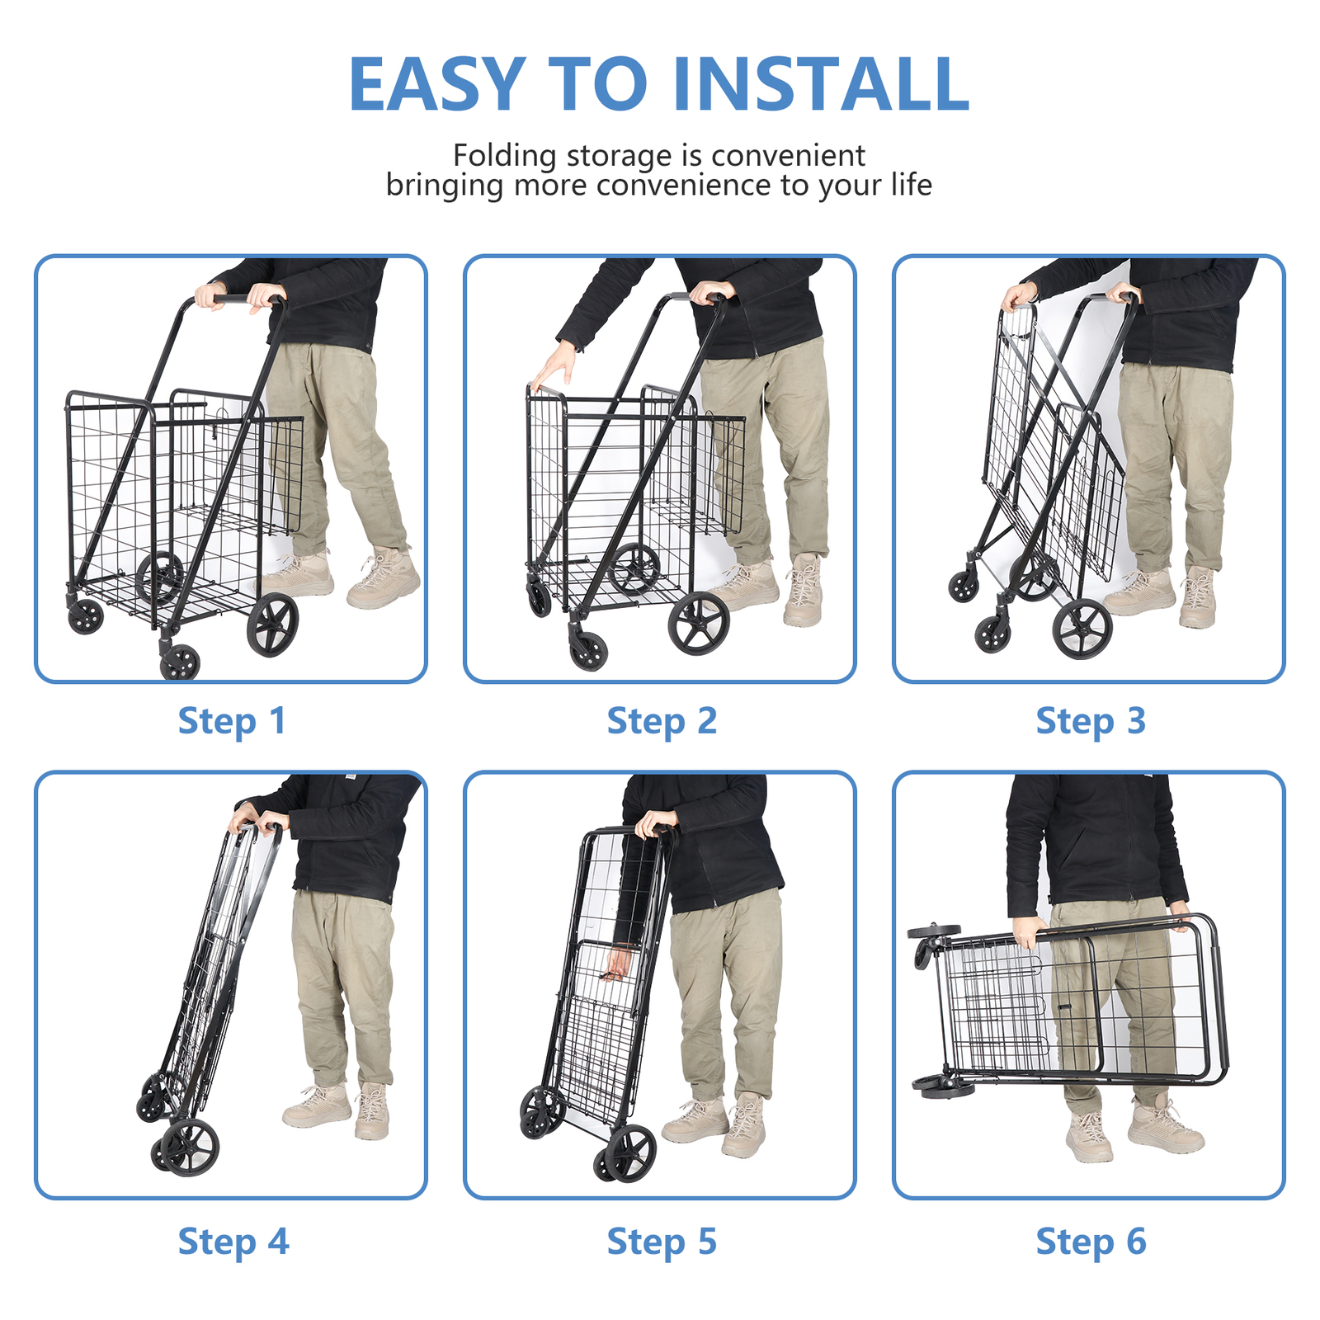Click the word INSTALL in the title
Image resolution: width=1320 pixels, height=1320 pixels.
point(821,84)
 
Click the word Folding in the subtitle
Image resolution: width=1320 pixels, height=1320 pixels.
point(504,155)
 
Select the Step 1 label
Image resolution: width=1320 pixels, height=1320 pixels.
point(232,720)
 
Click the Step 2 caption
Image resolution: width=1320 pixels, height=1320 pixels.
point(662,720)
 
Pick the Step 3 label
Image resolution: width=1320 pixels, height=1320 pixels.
point(1091,720)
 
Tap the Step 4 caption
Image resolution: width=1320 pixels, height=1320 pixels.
point(233,1242)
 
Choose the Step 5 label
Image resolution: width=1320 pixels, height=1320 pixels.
point(662,1242)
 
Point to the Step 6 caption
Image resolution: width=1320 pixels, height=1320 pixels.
point(1091,1242)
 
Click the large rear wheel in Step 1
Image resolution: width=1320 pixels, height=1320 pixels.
point(273,625)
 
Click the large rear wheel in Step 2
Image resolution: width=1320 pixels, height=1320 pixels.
point(699,624)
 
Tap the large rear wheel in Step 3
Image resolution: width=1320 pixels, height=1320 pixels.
point(1082,629)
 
